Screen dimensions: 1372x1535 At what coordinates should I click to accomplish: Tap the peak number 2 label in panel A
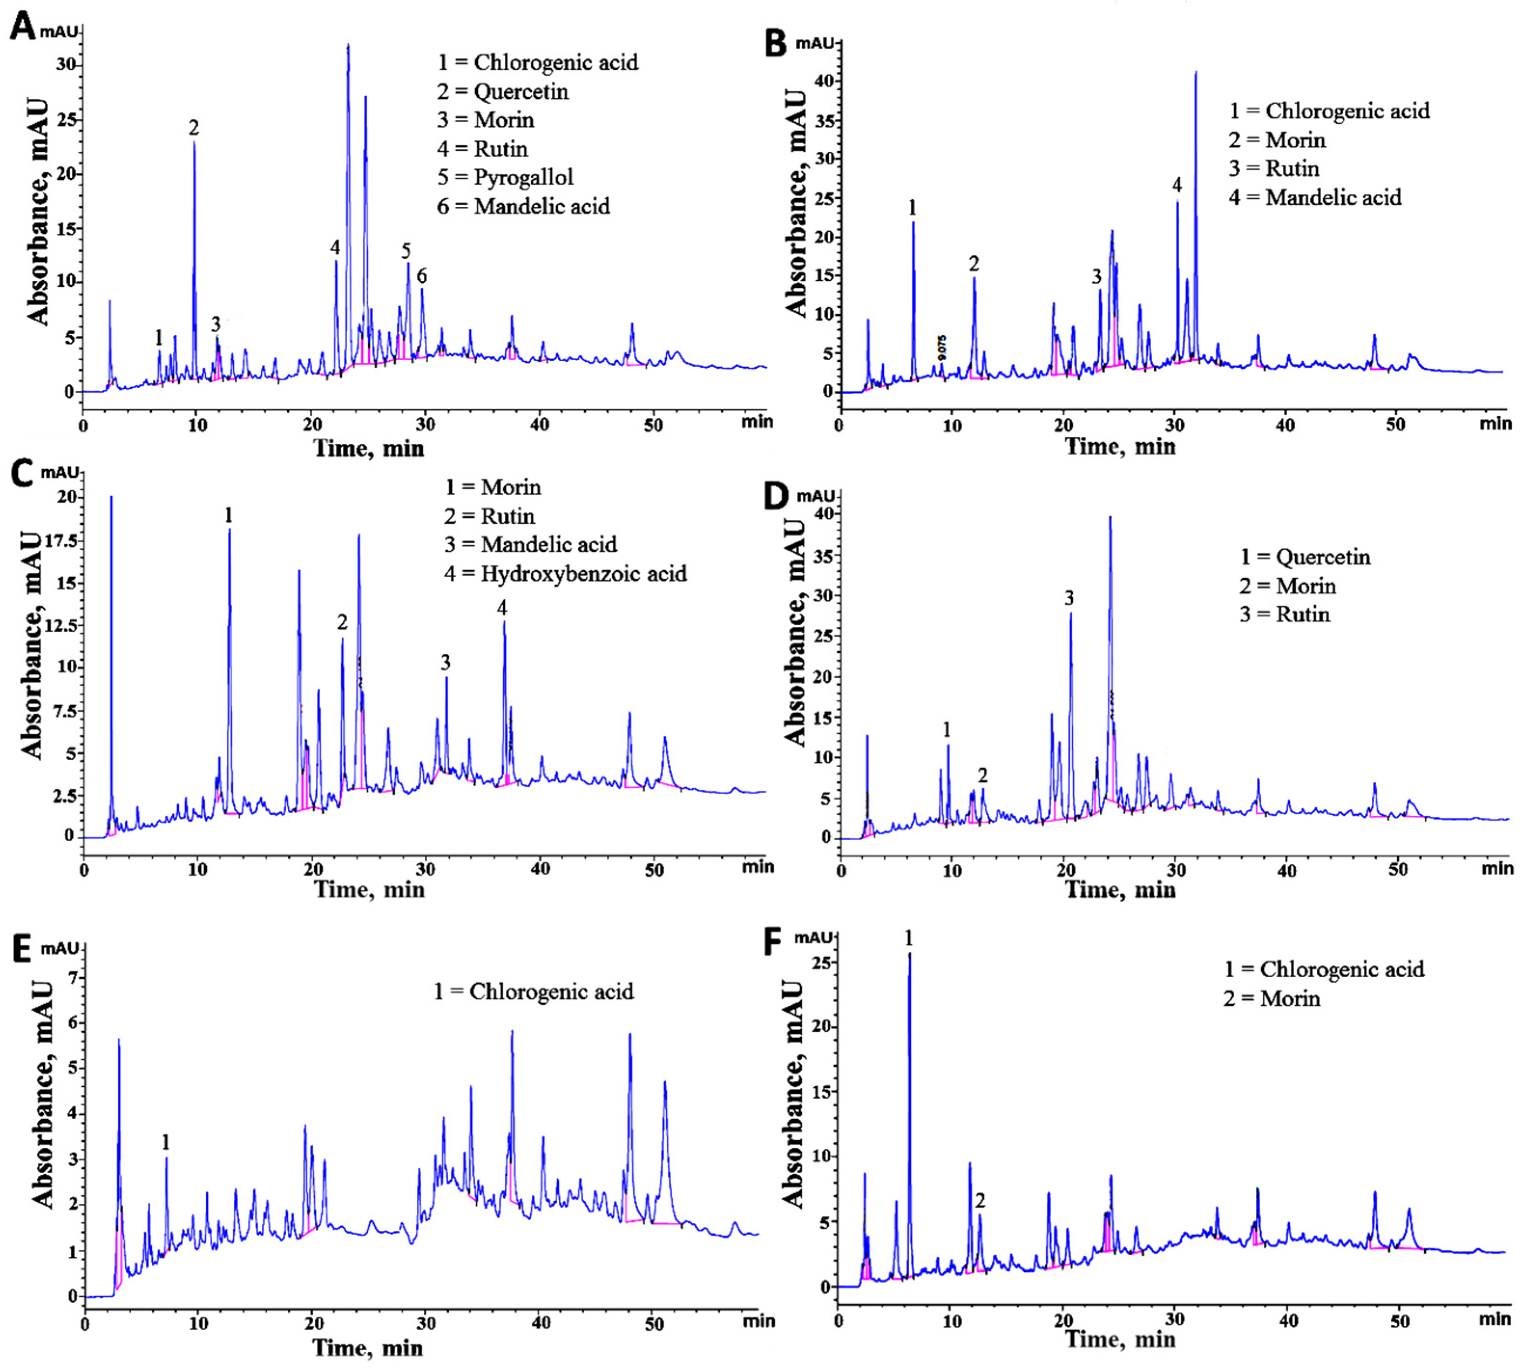pyautogui.click(x=194, y=128)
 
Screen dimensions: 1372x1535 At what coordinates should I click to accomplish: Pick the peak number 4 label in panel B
pyautogui.click(x=1177, y=185)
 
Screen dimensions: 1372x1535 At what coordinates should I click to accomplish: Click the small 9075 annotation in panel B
pyautogui.click(x=942, y=348)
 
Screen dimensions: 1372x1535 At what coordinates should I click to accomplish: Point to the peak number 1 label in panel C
pyautogui.click(x=229, y=516)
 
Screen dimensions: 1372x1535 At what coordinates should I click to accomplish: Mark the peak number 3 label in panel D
pyautogui.click(x=1069, y=599)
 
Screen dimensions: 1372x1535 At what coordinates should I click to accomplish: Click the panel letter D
pyautogui.click(x=777, y=498)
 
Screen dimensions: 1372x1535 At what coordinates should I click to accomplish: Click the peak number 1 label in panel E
pyautogui.click(x=166, y=1143)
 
